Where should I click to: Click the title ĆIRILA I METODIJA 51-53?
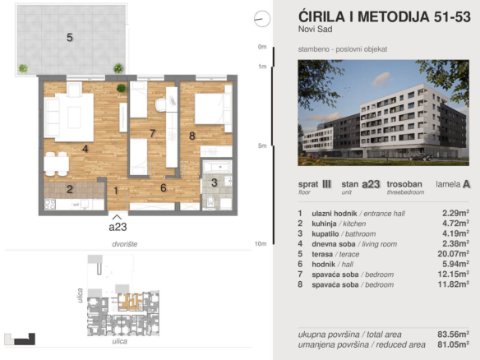click(x=379, y=16)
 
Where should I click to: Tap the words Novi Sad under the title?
click(x=313, y=30)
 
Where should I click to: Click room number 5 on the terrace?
click(x=70, y=37)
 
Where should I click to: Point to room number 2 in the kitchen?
click(x=70, y=190)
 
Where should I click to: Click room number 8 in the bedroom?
click(x=192, y=136)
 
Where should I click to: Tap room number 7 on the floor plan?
click(x=152, y=132)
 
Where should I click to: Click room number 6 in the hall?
click(x=164, y=188)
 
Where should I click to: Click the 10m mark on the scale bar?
click(x=262, y=244)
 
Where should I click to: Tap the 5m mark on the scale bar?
click(x=262, y=145)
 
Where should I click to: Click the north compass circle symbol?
click(x=262, y=16)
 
